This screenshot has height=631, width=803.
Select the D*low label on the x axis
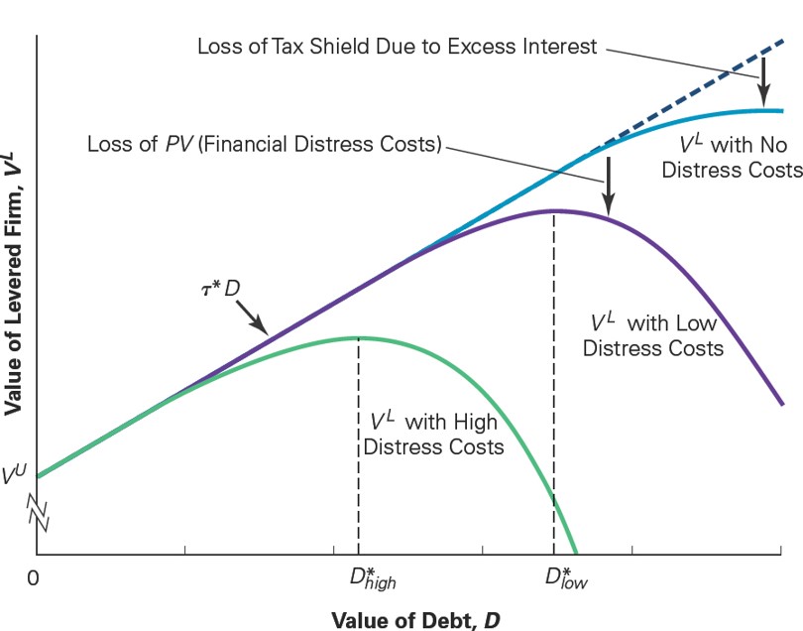(566, 577)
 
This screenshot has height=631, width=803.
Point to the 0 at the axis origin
(34, 576)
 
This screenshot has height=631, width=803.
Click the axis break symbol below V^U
(38, 513)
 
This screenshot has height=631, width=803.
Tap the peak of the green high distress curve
(359, 338)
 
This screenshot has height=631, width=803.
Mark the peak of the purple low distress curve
(554, 210)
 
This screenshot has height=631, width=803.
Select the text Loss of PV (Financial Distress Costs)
(264, 143)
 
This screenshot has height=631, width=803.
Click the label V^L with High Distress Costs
(433, 431)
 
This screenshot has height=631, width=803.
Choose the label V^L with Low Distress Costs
(653, 335)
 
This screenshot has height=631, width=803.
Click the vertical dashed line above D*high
(359, 446)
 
